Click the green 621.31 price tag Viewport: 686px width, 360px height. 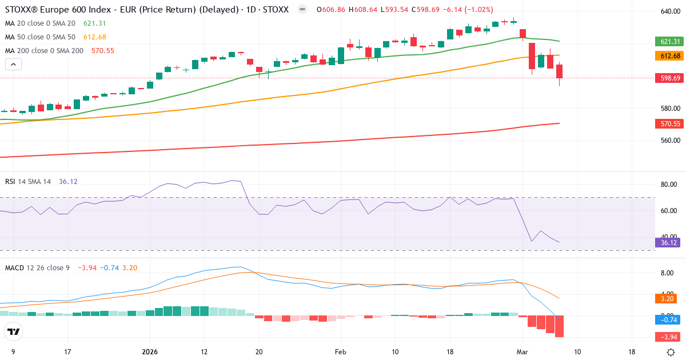[669, 42]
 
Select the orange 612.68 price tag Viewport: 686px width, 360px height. [669, 56]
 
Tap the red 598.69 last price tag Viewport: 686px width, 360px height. [669, 78]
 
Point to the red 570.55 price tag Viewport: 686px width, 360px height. [669, 123]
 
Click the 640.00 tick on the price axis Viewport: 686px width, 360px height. [669, 11]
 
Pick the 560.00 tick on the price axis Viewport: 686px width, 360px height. [669, 141]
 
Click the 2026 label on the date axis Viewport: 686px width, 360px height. [150, 352]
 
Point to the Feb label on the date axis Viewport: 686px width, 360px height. [340, 352]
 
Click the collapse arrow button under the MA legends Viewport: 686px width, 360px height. [13, 64]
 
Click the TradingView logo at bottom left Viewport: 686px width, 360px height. [14, 331]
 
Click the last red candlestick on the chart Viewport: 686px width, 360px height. [559, 72]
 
